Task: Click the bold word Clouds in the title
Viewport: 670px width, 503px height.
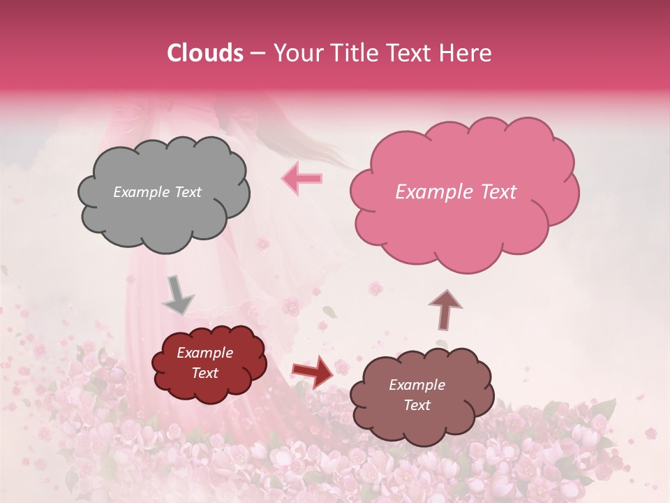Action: point(205,53)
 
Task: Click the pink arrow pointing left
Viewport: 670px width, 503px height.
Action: point(301,178)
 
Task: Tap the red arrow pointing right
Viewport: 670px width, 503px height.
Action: point(313,371)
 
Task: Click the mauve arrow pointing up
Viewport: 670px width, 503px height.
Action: point(445,309)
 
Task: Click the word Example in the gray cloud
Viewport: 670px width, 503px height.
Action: point(141,192)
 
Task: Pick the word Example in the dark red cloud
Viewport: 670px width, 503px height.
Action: point(204,353)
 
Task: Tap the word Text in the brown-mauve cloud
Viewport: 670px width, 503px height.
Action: point(417,405)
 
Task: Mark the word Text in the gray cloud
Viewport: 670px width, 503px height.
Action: point(186,192)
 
